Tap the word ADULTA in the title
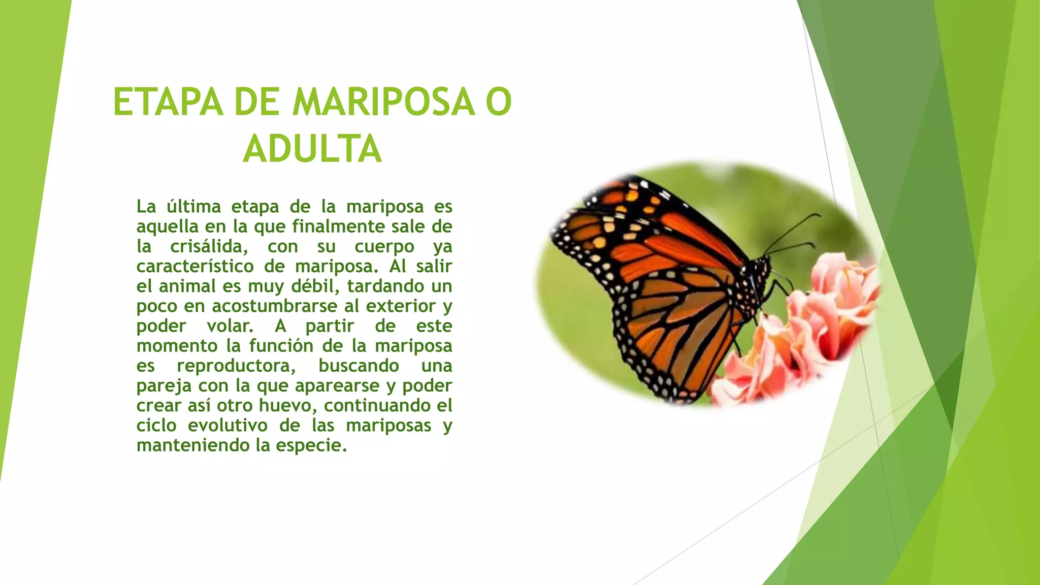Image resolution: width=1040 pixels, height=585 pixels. click(312, 149)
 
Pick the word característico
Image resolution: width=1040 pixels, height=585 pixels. click(195, 267)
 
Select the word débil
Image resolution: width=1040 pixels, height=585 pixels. click(315, 286)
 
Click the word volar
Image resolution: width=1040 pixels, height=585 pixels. click(230, 326)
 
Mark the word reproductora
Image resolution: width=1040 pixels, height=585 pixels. click(236, 366)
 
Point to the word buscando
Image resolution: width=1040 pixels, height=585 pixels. click(359, 366)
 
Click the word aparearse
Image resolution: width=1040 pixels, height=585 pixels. click(337, 386)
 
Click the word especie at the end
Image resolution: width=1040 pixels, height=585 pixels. click(311, 446)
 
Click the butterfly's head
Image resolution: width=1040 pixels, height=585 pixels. click(762, 267)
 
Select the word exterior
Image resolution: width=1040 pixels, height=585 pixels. click(401, 306)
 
